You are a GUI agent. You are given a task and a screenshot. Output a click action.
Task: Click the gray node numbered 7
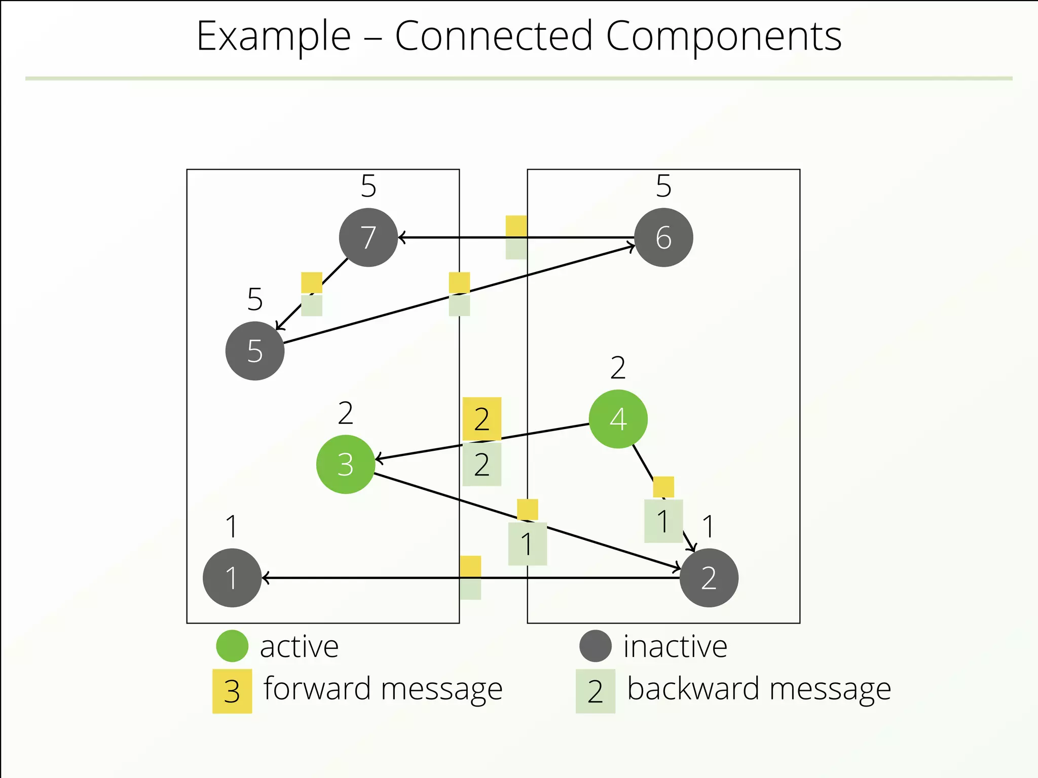pos(368,238)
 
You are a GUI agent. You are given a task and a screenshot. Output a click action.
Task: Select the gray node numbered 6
pos(663,238)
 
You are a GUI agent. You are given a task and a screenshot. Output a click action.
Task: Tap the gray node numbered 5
pos(255,351)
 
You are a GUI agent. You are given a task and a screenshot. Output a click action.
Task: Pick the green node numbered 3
pos(345,464)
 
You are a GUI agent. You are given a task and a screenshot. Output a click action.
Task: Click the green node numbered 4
pos(618,419)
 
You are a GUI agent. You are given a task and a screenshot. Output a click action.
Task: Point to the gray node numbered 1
pos(232,578)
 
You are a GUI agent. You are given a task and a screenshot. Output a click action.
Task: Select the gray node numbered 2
pos(709,578)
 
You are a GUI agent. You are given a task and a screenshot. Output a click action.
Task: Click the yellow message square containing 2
pos(481,419)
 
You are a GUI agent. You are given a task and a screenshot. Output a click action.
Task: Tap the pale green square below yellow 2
pos(481,464)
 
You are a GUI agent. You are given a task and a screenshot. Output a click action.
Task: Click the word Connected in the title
pos(494,36)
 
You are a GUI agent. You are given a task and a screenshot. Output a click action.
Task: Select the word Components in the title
pos(724,36)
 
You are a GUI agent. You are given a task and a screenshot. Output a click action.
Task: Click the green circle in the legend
pos(232,646)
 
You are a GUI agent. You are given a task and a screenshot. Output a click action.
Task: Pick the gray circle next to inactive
pos(596,646)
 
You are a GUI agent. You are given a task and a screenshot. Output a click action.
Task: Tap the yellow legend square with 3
pos(232,691)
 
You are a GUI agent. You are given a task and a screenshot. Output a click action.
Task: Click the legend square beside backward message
pos(596,691)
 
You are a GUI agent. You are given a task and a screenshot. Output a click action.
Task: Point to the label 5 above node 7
pos(368,186)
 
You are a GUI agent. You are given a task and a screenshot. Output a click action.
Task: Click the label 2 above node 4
pos(618,368)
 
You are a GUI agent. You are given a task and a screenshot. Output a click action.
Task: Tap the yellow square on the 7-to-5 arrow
pos(312,283)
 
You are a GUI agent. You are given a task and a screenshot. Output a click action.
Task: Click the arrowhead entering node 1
pos(266,578)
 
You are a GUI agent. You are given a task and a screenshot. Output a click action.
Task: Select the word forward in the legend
pos(317,689)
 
